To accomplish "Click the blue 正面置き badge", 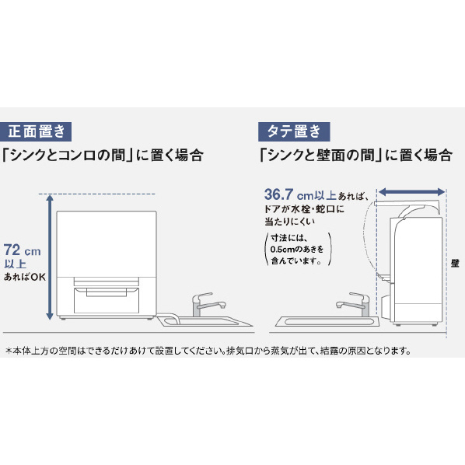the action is click(36, 131).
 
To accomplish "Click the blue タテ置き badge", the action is click(294, 131).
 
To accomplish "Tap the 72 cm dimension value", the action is click(23, 250).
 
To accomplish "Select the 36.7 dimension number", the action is click(278, 194).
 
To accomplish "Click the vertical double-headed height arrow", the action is click(50, 257).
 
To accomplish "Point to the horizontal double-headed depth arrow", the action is click(411, 192).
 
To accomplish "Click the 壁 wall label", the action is click(455, 263).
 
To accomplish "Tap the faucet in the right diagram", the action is click(354, 304).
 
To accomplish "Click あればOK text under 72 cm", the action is click(25, 277).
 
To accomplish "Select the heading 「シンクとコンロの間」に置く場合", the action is click(103, 155).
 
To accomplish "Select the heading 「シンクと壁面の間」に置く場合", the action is click(355, 155).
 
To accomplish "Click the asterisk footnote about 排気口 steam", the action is click(208, 351).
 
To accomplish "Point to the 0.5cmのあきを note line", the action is click(297, 249).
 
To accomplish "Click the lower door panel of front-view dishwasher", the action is click(107, 300).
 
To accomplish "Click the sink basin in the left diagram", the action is click(205, 321).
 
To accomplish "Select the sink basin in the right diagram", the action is click(327, 321).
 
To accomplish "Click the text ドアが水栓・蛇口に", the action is click(304, 209).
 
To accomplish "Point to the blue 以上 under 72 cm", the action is click(15, 264).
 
